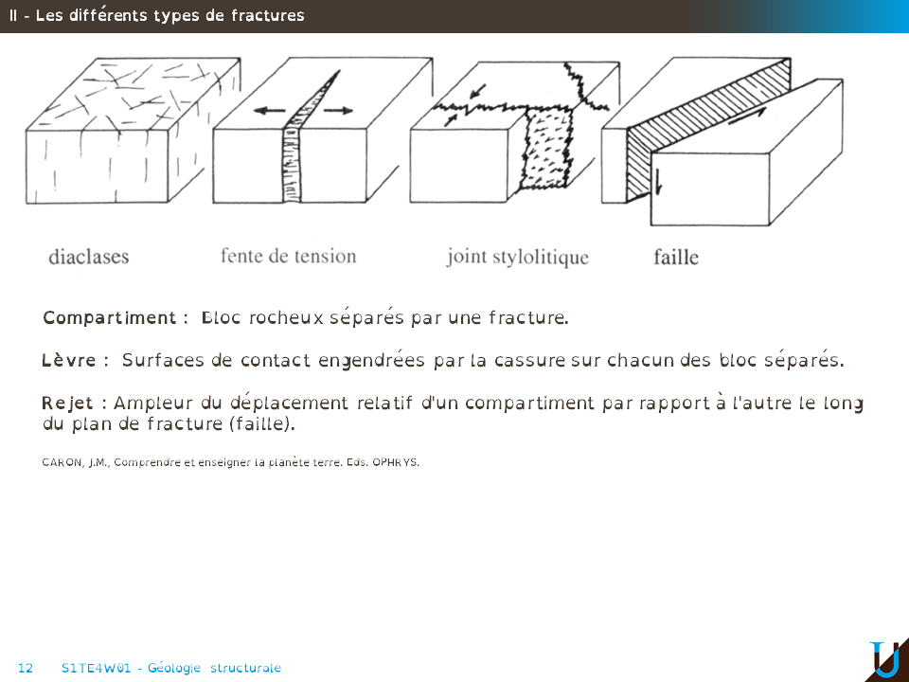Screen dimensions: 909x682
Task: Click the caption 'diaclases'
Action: click(89, 257)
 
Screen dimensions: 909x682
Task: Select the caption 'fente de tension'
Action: click(288, 256)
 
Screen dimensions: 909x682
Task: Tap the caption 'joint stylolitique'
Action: click(518, 257)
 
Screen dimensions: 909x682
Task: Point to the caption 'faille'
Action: click(676, 257)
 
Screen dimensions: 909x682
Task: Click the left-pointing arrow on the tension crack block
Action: click(270, 110)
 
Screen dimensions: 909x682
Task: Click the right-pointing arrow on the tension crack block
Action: click(337, 110)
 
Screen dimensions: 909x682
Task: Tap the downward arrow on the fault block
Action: click(658, 182)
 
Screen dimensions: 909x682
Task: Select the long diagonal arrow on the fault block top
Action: click(747, 116)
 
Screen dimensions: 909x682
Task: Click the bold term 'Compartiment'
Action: click(110, 318)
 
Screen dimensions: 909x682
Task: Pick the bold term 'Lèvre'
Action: click(69, 360)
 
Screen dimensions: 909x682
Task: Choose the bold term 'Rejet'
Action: click(67, 404)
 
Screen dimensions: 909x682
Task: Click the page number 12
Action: click(26, 668)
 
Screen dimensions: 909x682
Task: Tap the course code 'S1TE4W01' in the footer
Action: click(97, 668)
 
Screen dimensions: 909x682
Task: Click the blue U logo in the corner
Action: click(885, 659)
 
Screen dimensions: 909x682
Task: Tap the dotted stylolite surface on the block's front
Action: click(545, 150)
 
